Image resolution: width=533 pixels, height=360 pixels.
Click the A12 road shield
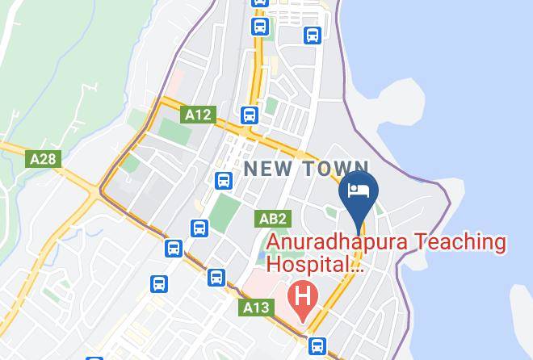(198, 115)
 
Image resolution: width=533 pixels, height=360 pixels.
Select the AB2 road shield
(273, 219)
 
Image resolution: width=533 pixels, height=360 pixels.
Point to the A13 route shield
(256, 308)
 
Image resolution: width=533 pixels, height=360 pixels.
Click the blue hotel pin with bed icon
(358, 192)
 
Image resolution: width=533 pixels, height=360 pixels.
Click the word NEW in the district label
(270, 169)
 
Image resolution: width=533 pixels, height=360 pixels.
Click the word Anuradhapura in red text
(338, 241)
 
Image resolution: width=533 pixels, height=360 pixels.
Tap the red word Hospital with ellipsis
(315, 263)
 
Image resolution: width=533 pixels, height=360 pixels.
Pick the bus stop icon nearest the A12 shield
(249, 115)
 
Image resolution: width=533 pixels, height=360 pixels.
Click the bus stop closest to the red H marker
(317, 345)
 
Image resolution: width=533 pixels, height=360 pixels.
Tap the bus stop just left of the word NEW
(224, 180)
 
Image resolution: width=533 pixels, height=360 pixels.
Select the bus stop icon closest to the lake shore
(313, 36)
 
